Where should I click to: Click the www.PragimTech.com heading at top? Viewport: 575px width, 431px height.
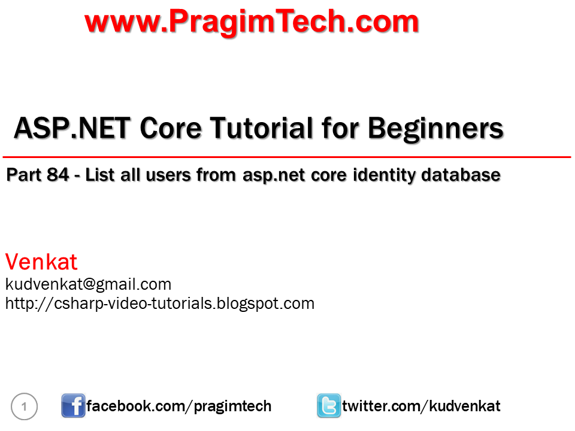click(x=252, y=22)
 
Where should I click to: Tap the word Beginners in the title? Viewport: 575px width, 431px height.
click(x=435, y=128)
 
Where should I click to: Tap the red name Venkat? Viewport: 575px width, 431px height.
click(x=41, y=262)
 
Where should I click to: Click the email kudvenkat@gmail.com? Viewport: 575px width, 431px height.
click(x=88, y=284)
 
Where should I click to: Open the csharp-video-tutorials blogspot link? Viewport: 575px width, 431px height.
click(x=160, y=303)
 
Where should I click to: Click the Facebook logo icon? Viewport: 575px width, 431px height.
click(x=73, y=406)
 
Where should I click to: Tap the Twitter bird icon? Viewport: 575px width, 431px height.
click(x=329, y=406)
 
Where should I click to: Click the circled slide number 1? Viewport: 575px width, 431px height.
click(x=25, y=407)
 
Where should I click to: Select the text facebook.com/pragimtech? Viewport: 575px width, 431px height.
click(x=178, y=406)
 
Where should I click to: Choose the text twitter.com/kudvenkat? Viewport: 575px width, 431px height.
click(x=421, y=406)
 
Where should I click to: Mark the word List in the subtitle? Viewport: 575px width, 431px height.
click(x=101, y=175)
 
